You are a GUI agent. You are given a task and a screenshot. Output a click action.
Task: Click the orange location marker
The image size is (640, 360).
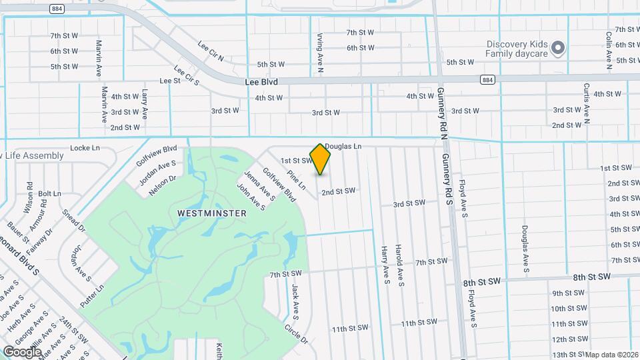pos(321,159)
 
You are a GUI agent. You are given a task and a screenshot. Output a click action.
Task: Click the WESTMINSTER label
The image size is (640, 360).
pos(212,213)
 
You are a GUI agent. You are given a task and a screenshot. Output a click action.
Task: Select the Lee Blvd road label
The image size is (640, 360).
pos(261,81)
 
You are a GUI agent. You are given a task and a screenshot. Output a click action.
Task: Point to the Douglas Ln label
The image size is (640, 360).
pos(343,146)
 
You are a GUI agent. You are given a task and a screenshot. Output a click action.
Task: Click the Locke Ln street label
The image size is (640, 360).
pos(85,147)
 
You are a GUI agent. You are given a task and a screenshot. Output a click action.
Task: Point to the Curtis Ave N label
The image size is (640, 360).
pos(587,104)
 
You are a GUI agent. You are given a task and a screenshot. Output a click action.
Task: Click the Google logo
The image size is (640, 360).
pos(23,351)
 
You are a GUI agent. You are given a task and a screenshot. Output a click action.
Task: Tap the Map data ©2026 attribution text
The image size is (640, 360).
pos(611,355)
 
